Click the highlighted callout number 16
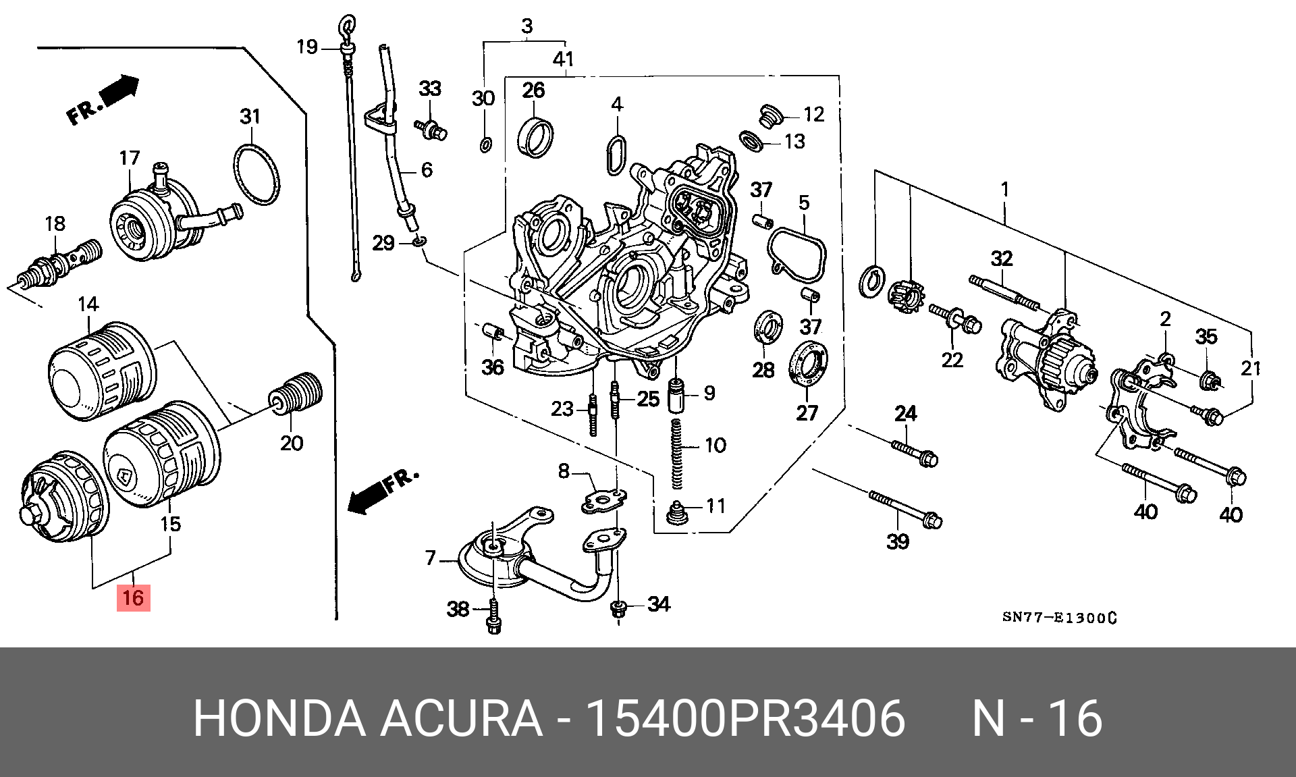(x=133, y=597)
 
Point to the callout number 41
(x=563, y=59)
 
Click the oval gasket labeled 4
(x=616, y=155)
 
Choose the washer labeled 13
(x=751, y=141)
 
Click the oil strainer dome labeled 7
(x=493, y=560)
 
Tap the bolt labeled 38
(x=493, y=617)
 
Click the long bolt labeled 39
(x=905, y=509)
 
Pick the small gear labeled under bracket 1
(x=903, y=297)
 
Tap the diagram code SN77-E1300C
(x=1058, y=618)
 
